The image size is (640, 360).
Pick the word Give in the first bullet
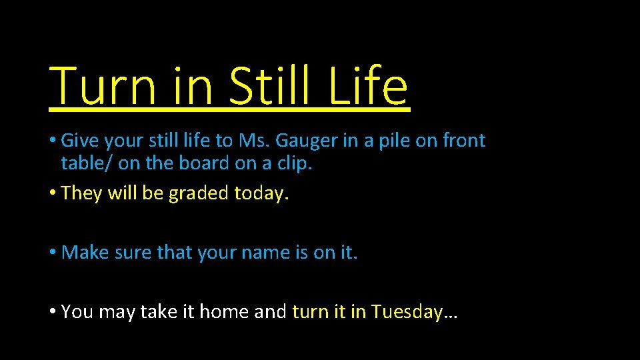pyautogui.click(x=79, y=141)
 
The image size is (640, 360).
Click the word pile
pyautogui.click(x=395, y=141)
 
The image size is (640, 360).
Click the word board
pyautogui.click(x=206, y=163)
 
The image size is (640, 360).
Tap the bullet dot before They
pyautogui.click(x=52, y=193)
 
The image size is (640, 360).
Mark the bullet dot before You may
pyautogui.click(x=52, y=312)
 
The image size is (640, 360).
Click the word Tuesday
pyautogui.click(x=407, y=312)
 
